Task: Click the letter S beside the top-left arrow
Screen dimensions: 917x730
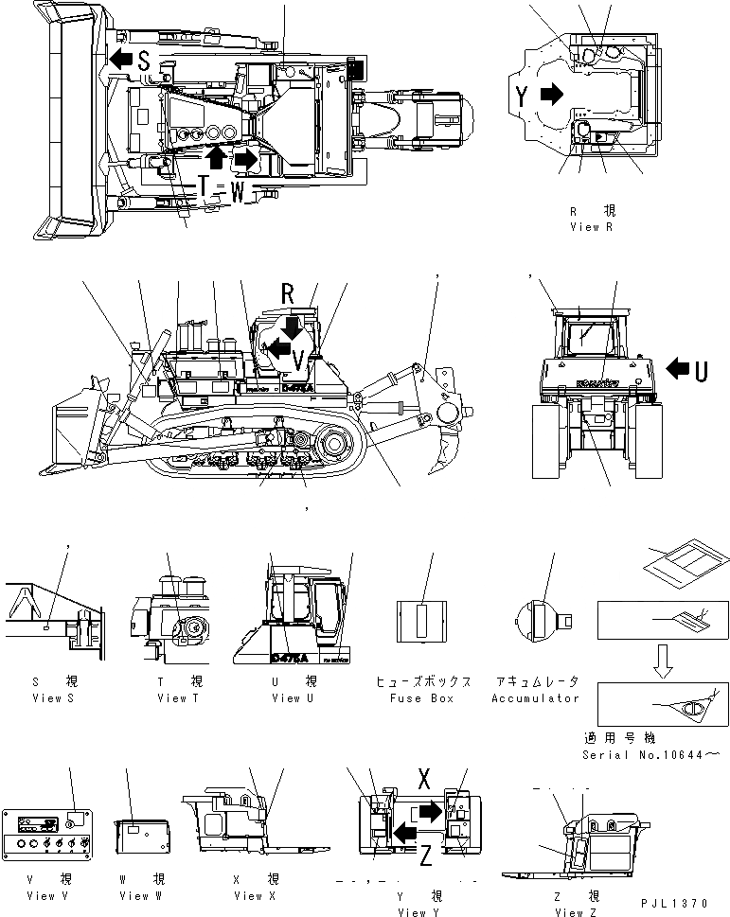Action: click(x=144, y=61)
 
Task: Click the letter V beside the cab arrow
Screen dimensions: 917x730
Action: click(x=297, y=360)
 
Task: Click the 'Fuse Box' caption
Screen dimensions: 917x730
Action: click(x=421, y=698)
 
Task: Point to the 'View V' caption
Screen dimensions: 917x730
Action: click(x=47, y=895)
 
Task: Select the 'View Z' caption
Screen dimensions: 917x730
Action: click(x=577, y=912)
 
